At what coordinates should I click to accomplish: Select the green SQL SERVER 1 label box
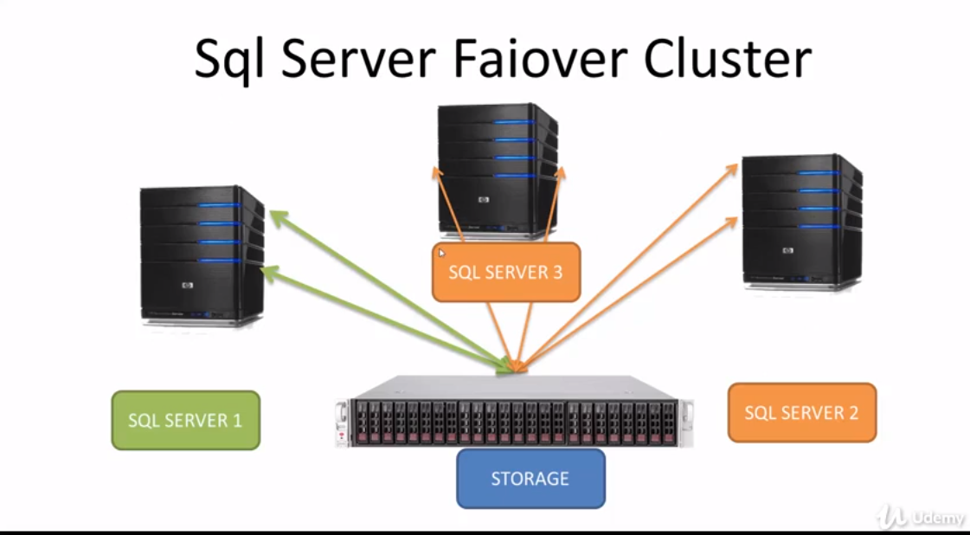pyautogui.click(x=185, y=420)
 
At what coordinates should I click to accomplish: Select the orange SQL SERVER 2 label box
pyautogui.click(x=801, y=413)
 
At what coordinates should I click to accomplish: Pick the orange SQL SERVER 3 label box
pyautogui.click(x=505, y=272)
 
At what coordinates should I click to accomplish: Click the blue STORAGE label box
pyautogui.click(x=530, y=478)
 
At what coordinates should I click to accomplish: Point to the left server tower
pyautogui.click(x=202, y=255)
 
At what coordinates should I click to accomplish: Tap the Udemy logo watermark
pyautogui.click(x=922, y=517)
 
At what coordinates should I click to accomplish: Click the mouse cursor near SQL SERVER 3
pyautogui.click(x=441, y=253)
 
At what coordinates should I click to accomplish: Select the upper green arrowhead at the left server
pyautogui.click(x=275, y=216)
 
